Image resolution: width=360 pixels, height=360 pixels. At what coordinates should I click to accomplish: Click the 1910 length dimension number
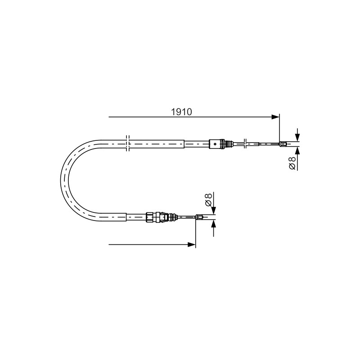point(181,112)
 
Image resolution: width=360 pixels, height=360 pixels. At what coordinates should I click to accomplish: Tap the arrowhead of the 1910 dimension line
point(275,117)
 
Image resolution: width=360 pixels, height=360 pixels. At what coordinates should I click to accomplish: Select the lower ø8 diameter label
point(208,199)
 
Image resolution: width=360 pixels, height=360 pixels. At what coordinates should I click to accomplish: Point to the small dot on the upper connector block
point(215,144)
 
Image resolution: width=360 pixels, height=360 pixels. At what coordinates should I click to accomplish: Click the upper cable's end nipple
point(283,144)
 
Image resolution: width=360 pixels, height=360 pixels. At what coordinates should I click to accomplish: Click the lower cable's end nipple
point(199,216)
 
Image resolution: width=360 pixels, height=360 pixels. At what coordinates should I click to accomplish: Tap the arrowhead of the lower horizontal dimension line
point(192,244)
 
